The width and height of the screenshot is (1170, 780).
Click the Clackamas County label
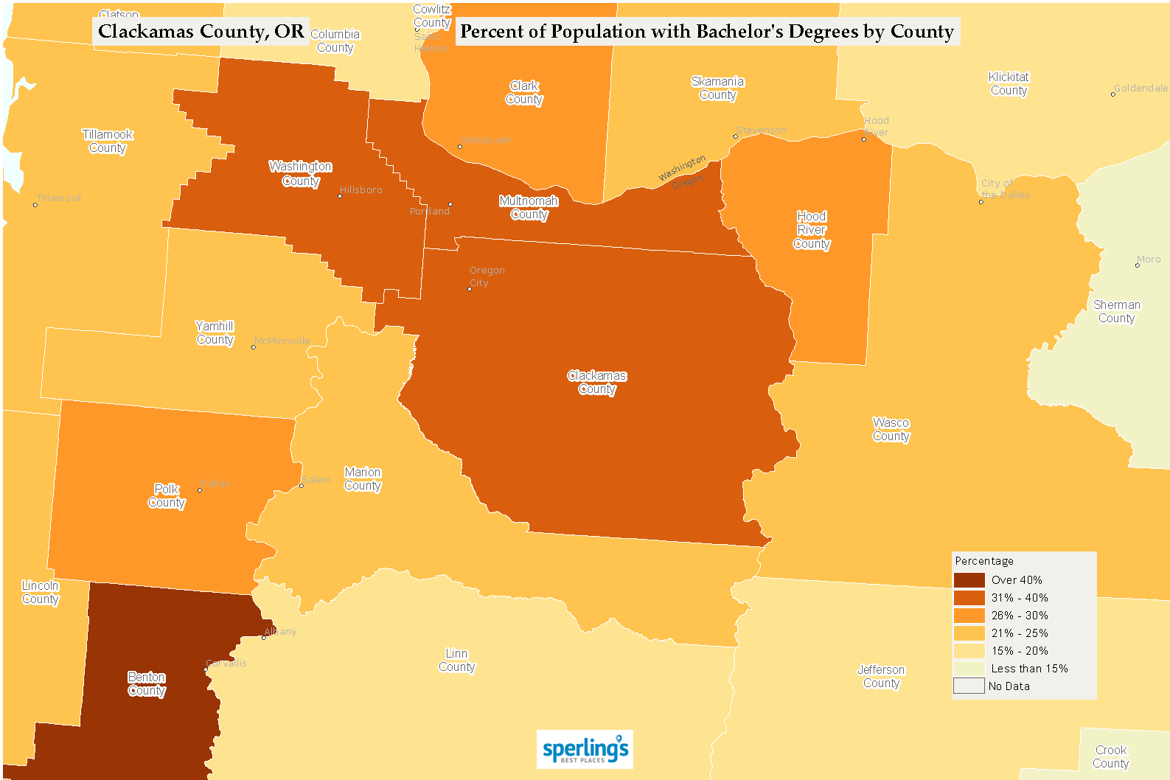click(x=596, y=383)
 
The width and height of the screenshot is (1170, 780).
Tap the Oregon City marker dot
click(x=470, y=289)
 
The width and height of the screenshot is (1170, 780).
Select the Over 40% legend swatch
click(x=969, y=580)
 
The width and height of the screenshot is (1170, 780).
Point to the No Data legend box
click(x=969, y=686)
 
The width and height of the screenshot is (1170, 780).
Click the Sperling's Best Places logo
click(x=585, y=750)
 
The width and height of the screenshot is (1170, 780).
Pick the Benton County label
click(x=147, y=684)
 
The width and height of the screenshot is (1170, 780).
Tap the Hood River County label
click(x=812, y=230)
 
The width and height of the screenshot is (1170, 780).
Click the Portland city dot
click(x=450, y=204)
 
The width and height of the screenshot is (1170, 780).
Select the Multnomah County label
click(x=529, y=208)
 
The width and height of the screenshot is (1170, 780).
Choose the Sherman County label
click(x=1116, y=312)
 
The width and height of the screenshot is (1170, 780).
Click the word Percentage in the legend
click(x=984, y=561)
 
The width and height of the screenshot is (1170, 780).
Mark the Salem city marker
click(x=302, y=485)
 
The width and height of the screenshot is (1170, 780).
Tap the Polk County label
click(x=167, y=496)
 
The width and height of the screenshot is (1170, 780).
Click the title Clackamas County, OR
click(x=201, y=32)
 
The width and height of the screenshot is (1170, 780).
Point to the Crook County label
click(x=1110, y=757)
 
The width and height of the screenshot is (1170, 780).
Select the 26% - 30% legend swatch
click(x=969, y=616)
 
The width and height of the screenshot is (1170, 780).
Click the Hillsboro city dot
click(x=340, y=196)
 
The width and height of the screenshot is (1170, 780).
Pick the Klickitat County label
click(x=1009, y=84)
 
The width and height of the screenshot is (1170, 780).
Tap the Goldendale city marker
click(x=1113, y=94)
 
